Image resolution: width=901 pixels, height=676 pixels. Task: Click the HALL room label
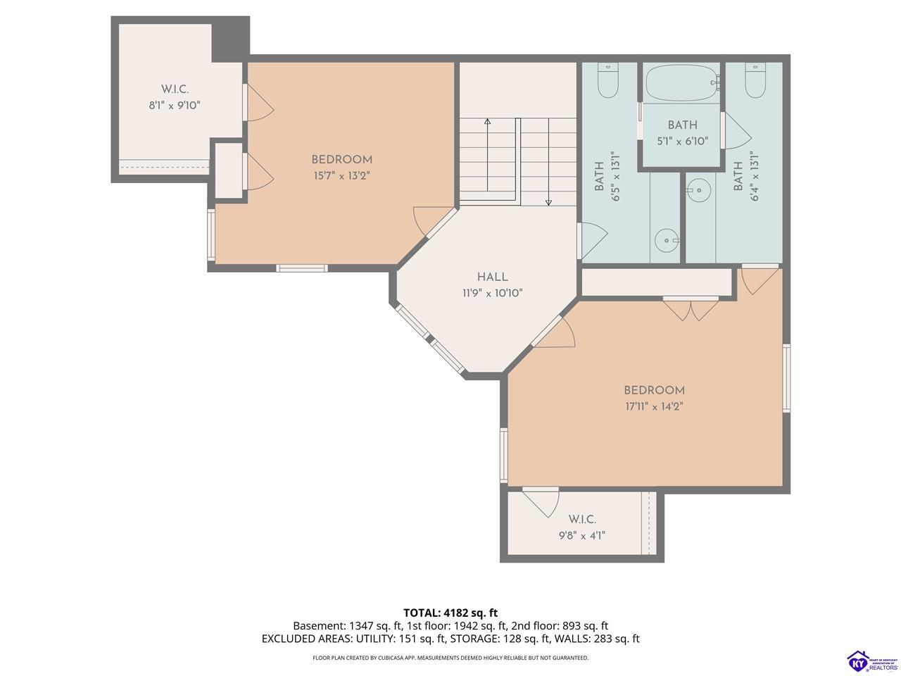(x=492, y=277)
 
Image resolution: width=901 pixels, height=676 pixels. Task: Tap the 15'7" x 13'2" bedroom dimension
(x=342, y=175)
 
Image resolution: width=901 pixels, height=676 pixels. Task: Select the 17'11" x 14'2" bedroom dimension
(x=654, y=406)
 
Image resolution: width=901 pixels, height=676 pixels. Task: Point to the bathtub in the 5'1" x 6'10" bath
(x=682, y=82)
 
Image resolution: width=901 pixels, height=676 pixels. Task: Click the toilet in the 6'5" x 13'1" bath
(x=608, y=80)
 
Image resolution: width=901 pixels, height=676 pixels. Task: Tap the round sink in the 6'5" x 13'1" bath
(x=667, y=240)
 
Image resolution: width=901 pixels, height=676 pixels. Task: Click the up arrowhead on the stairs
(x=487, y=122)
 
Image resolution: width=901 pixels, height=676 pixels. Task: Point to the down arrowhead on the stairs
(x=548, y=202)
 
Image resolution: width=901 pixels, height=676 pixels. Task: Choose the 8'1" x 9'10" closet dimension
(x=175, y=106)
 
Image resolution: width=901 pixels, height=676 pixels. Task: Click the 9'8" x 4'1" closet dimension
(x=582, y=536)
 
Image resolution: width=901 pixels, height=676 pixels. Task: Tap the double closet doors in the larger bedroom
(x=691, y=309)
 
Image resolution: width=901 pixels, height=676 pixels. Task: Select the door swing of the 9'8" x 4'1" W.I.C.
(x=542, y=502)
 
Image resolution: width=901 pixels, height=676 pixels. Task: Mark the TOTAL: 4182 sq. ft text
(x=450, y=613)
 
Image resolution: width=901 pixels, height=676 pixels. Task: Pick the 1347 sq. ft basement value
(x=375, y=625)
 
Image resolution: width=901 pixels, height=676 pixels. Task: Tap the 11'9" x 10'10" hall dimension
(x=492, y=293)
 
